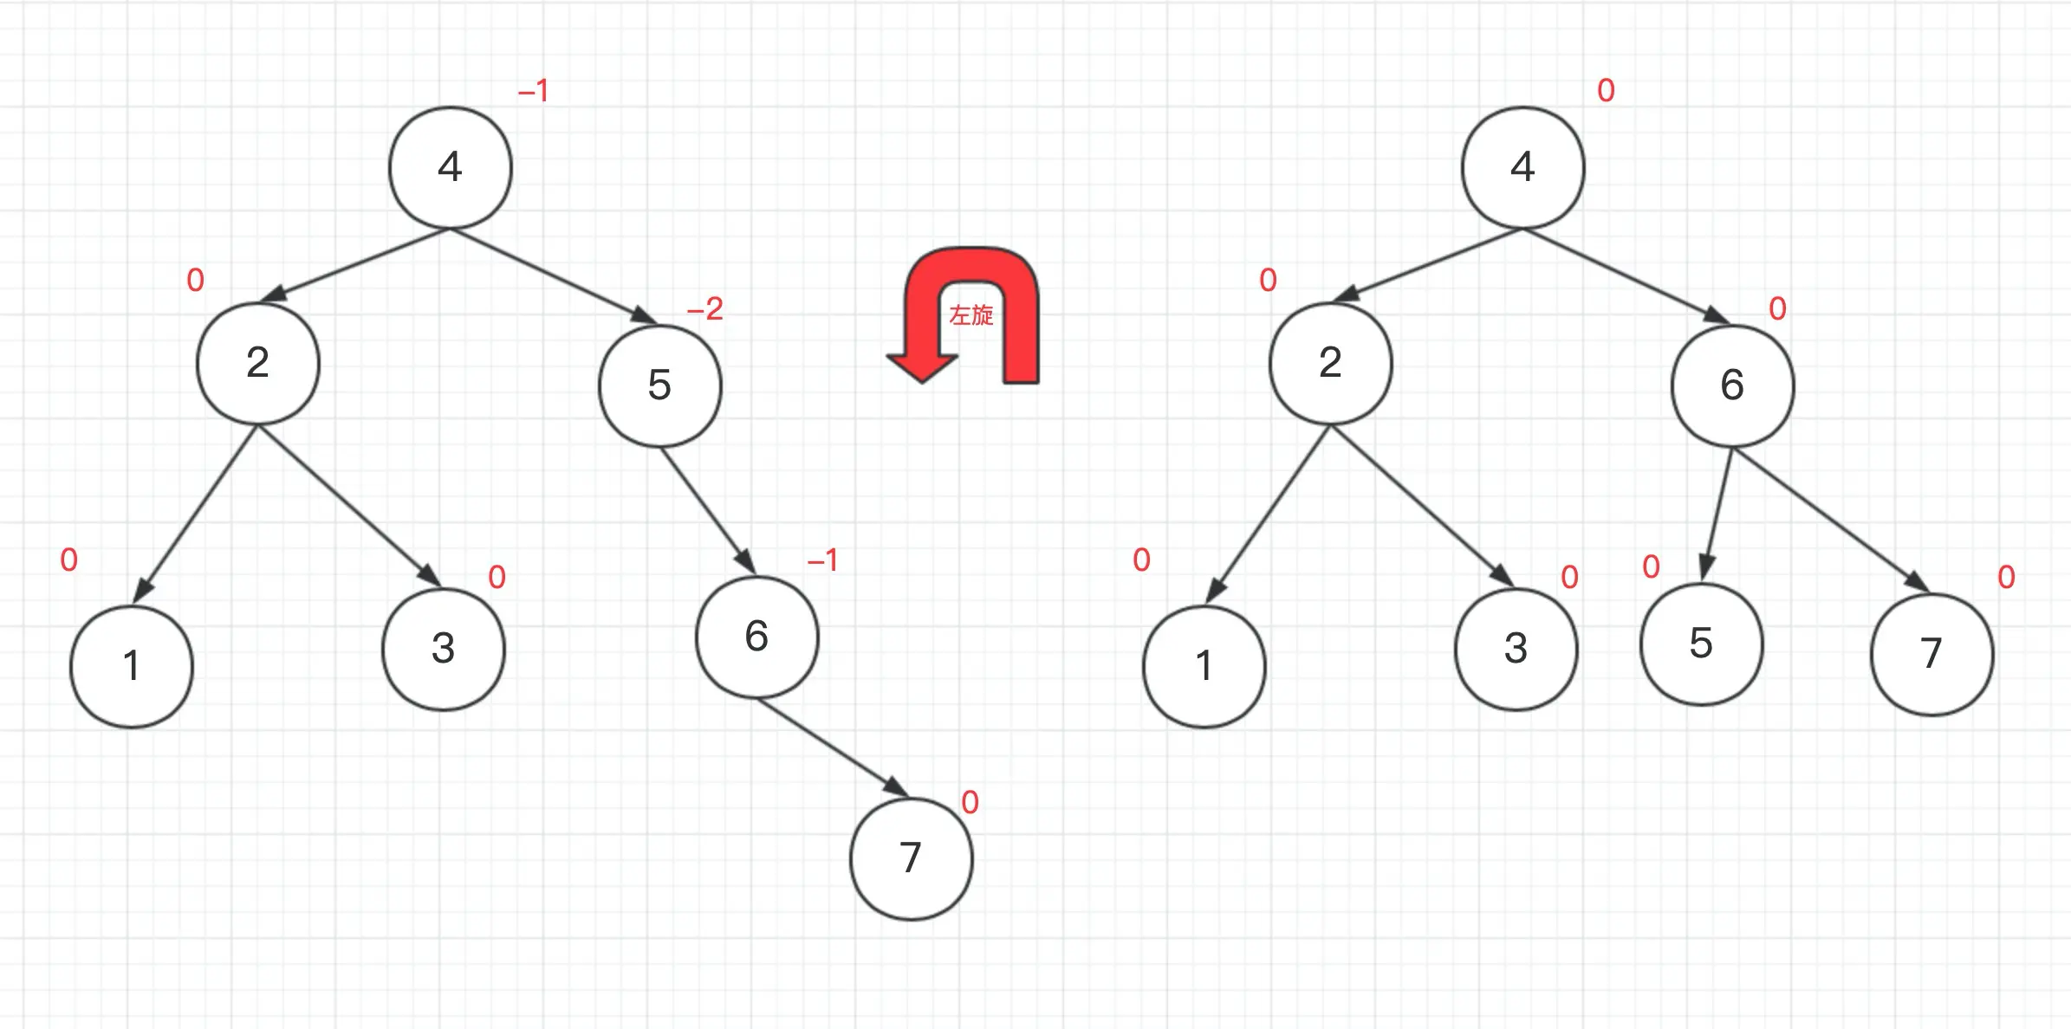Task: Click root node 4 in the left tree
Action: click(451, 167)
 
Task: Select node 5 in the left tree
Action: click(659, 385)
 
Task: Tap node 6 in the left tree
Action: click(756, 637)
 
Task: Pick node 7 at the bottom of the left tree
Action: click(911, 858)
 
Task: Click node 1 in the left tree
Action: click(132, 666)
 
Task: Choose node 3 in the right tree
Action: click(1516, 649)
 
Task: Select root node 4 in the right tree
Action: click(1522, 167)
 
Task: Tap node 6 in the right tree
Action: click(1732, 385)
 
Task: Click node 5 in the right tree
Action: click(1701, 644)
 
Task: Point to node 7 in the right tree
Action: click(1931, 654)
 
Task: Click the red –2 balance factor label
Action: click(705, 309)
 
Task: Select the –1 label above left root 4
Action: click(533, 90)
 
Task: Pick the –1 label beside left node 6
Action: click(822, 560)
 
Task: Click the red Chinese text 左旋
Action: click(971, 315)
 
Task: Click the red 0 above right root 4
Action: click(1606, 90)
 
